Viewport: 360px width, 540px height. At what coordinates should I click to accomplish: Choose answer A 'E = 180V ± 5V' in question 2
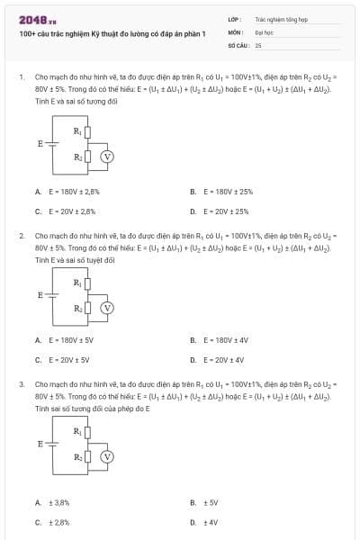click(x=64, y=340)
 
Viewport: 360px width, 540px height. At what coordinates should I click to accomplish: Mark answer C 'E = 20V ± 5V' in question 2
click(x=62, y=360)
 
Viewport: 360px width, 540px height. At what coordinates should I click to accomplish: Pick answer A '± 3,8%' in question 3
click(x=53, y=502)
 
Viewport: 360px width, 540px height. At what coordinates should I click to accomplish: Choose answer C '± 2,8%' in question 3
click(x=53, y=522)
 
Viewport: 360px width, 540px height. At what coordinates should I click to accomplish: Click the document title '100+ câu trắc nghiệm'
click(x=112, y=33)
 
